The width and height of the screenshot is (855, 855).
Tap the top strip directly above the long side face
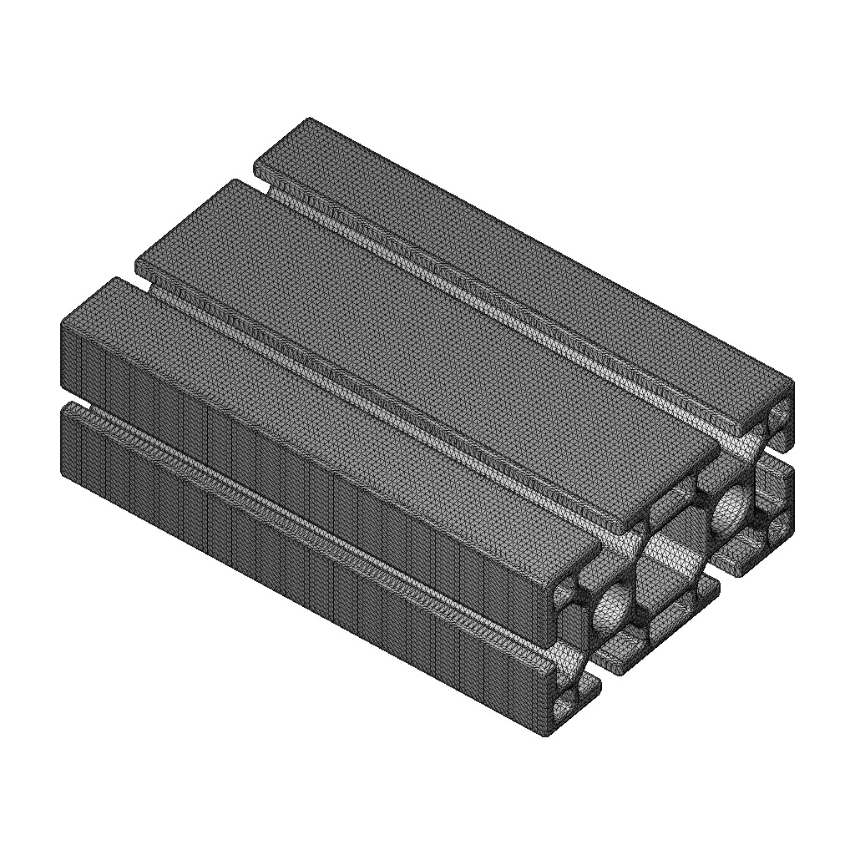point(334,417)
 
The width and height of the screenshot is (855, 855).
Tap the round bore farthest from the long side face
point(733,510)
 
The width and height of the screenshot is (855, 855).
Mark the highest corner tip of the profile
point(310,119)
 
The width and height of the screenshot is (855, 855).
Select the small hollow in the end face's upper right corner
point(782,414)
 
